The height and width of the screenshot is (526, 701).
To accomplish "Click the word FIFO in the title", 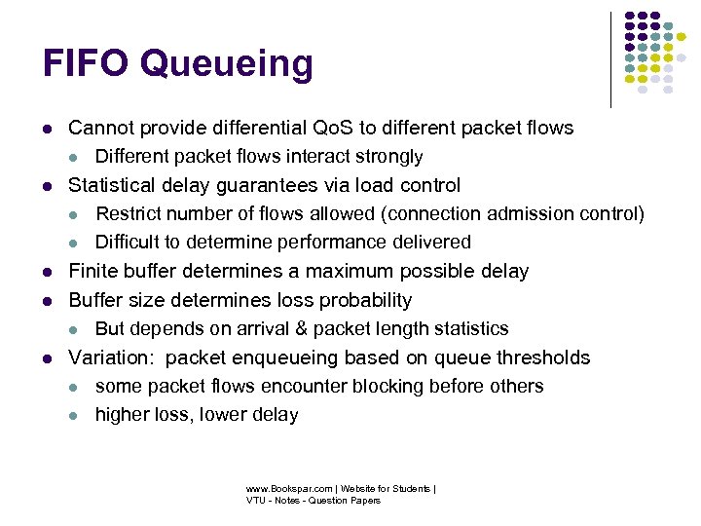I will click(86, 64).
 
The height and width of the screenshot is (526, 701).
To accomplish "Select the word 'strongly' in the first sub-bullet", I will click(387, 157).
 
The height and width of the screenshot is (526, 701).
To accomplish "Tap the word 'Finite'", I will click(93, 271).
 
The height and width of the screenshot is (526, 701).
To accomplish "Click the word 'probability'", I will click(363, 300).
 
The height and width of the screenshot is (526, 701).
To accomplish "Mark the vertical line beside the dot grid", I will click(610, 58).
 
